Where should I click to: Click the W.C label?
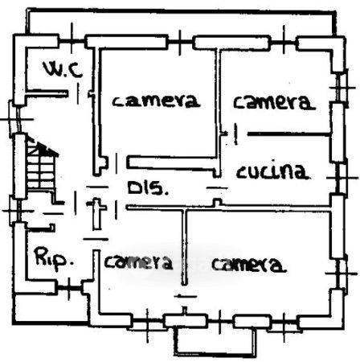(63, 69)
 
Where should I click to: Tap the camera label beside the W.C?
(156, 101)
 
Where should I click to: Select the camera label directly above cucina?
(274, 102)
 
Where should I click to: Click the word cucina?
(272, 171)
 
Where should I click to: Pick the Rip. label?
(55, 257)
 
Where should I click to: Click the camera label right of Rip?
(138, 262)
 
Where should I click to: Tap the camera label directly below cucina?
(249, 265)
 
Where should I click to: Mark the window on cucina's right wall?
(342, 178)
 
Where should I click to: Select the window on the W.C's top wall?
(72, 41)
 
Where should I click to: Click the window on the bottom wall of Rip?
(69, 288)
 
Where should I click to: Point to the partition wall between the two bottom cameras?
(184, 247)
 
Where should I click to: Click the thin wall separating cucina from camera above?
(288, 134)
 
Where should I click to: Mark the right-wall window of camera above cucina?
(342, 88)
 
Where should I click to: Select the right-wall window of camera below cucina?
(341, 274)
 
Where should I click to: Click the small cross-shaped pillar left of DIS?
(96, 213)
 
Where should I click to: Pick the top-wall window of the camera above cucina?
(284, 43)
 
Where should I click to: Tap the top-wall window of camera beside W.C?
(180, 42)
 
